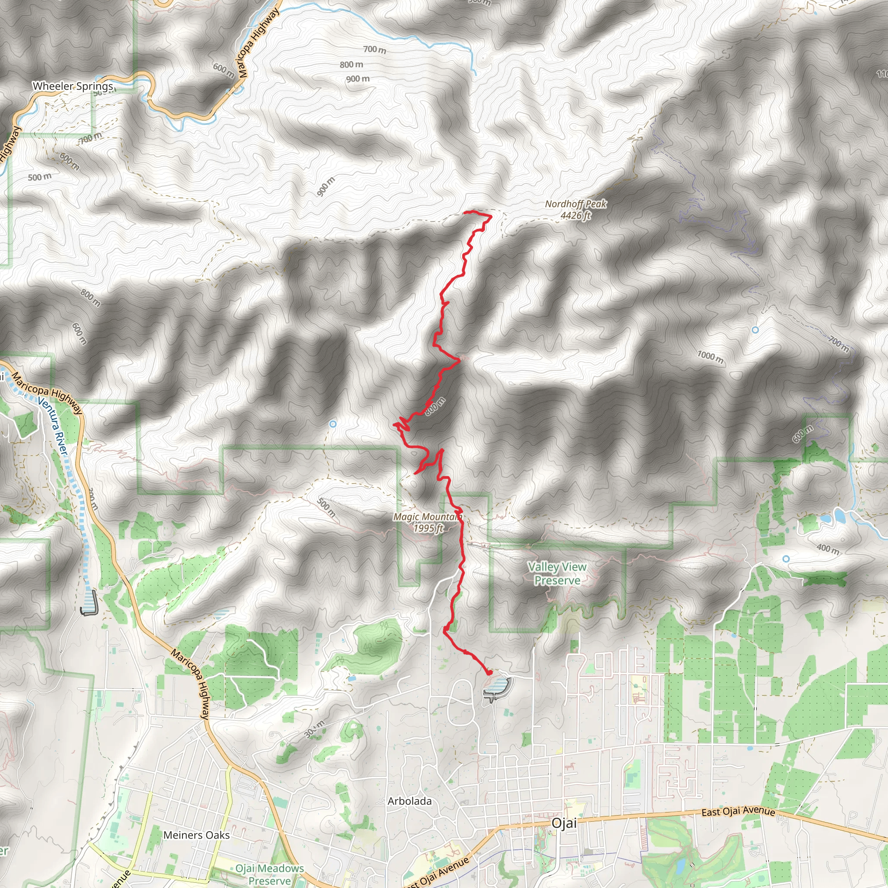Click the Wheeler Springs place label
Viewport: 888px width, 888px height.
pos(72,86)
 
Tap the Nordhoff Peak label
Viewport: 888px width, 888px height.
pos(575,209)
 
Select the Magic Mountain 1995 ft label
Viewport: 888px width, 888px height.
pos(428,522)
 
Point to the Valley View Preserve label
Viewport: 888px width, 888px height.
pos(557,574)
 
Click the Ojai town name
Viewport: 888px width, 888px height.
pos(564,823)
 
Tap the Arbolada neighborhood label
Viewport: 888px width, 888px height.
pos(409,801)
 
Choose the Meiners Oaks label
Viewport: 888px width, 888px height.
pos(196,835)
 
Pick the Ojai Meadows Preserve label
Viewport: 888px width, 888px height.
pos(270,874)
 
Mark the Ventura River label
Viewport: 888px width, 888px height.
pos(52,427)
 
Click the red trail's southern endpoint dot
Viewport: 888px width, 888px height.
pos(489,673)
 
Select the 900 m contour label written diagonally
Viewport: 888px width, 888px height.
pos(326,186)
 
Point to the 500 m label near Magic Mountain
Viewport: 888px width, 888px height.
pos(326,507)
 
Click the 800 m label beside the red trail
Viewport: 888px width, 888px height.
pos(435,406)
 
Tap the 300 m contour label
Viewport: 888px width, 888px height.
pos(314,729)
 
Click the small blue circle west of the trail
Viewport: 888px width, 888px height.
pos(333,424)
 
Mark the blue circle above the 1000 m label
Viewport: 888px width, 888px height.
pos(755,330)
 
